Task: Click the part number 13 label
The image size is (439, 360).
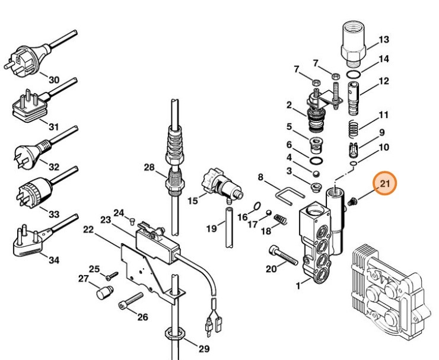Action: click(384, 40)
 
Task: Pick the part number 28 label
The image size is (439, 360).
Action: click(148, 168)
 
